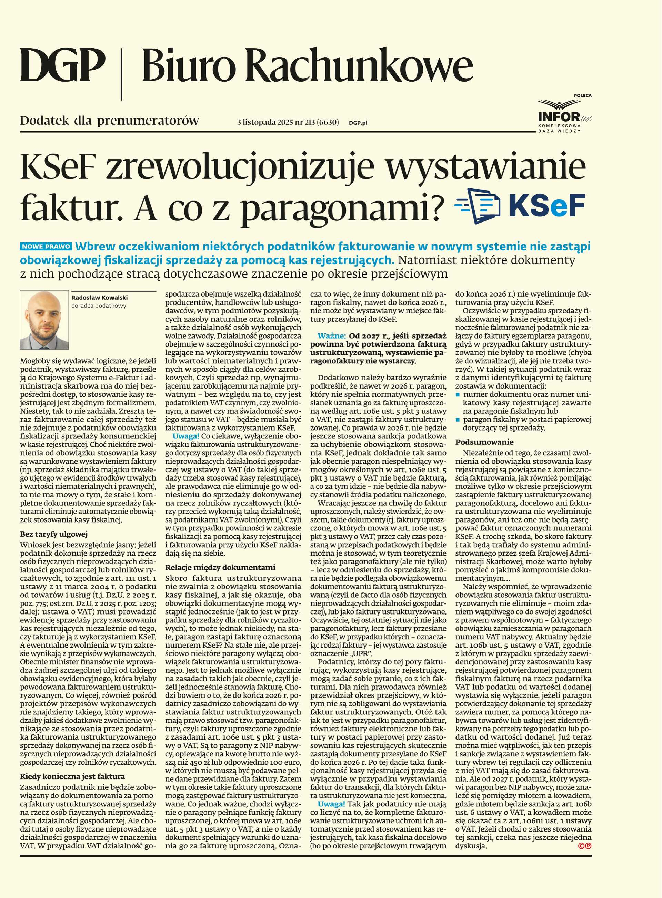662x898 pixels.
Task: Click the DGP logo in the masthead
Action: coord(62,65)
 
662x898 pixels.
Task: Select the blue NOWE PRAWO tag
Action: coord(46,247)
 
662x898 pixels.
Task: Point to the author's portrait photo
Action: coord(44,320)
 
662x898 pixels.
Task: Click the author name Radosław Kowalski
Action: coord(99,298)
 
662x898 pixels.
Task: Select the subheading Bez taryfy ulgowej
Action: coord(54,534)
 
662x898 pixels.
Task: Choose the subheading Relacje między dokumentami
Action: coord(220,567)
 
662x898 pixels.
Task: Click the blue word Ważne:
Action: coord(331,336)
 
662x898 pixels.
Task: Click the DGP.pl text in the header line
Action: coord(358,123)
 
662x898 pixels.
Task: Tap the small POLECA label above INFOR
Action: coord(582,96)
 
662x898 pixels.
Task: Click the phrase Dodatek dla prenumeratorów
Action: coord(109,121)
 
